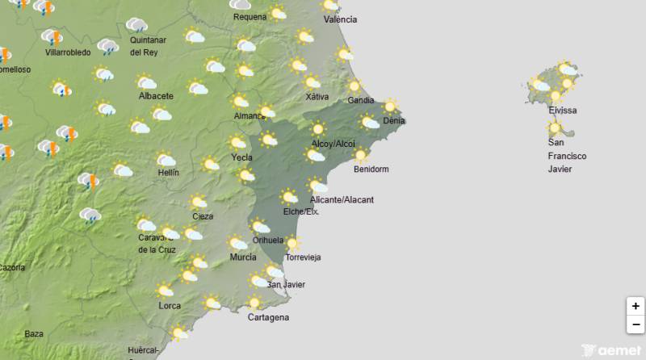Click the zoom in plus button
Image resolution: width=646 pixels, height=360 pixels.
pos(636,306)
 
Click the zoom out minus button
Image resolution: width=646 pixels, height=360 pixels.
pos(636,324)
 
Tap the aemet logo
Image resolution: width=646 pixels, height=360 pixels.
pos(610,351)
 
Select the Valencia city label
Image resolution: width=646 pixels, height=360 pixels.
pos(340,19)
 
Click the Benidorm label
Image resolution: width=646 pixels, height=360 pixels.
pos(371,170)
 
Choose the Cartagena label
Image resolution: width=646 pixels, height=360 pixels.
pos(268,317)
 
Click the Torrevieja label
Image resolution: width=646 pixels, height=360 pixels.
pos(304,257)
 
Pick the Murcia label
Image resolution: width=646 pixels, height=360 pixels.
pos(243,257)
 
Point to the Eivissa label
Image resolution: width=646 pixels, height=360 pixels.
pos(563,111)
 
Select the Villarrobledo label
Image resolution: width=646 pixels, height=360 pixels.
pos(69,52)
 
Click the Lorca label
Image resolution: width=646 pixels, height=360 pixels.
pos(170,305)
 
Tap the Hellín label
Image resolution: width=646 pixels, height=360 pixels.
pos(169,173)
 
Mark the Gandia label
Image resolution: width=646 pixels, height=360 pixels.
pos(360,100)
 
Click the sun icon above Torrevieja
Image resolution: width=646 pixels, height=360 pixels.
pos(292,243)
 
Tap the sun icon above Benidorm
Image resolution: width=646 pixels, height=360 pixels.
pos(360,156)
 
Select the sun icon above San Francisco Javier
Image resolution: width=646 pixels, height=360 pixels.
pos(554,128)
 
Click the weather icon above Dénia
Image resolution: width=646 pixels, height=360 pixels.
pos(391,106)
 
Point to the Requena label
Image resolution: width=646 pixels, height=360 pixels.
pos(249,16)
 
